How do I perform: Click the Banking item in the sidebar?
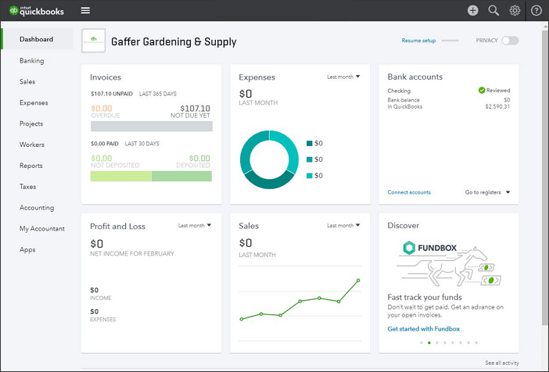[x=32, y=60]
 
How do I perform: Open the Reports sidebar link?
[x=31, y=166]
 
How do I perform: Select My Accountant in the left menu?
[x=42, y=229]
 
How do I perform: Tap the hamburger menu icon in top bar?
[x=85, y=10]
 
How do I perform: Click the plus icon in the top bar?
[x=472, y=10]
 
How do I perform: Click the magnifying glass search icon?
[x=493, y=10]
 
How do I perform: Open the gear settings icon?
[x=515, y=10]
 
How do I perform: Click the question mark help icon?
[x=536, y=10]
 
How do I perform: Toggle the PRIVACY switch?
[x=510, y=40]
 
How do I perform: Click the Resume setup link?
[x=418, y=40]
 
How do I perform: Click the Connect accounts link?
[x=409, y=192]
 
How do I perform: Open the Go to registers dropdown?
[x=487, y=192]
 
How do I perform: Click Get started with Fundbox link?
[x=424, y=329]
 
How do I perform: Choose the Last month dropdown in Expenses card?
[x=343, y=77]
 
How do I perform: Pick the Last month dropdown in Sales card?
[x=343, y=225]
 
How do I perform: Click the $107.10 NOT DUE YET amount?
[x=195, y=109]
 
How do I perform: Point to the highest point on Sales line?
[x=358, y=280]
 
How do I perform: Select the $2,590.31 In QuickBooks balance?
[x=497, y=106]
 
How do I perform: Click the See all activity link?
[x=501, y=363]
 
